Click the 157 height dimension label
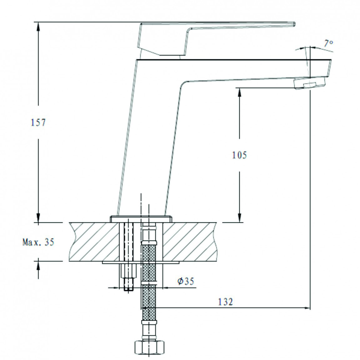tap(38, 122)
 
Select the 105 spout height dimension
tap(239, 155)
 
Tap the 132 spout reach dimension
tap(226, 302)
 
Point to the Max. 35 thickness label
tap(38, 242)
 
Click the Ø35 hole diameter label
tap(186, 281)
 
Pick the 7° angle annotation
tap(328, 43)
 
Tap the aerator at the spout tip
tap(309, 84)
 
